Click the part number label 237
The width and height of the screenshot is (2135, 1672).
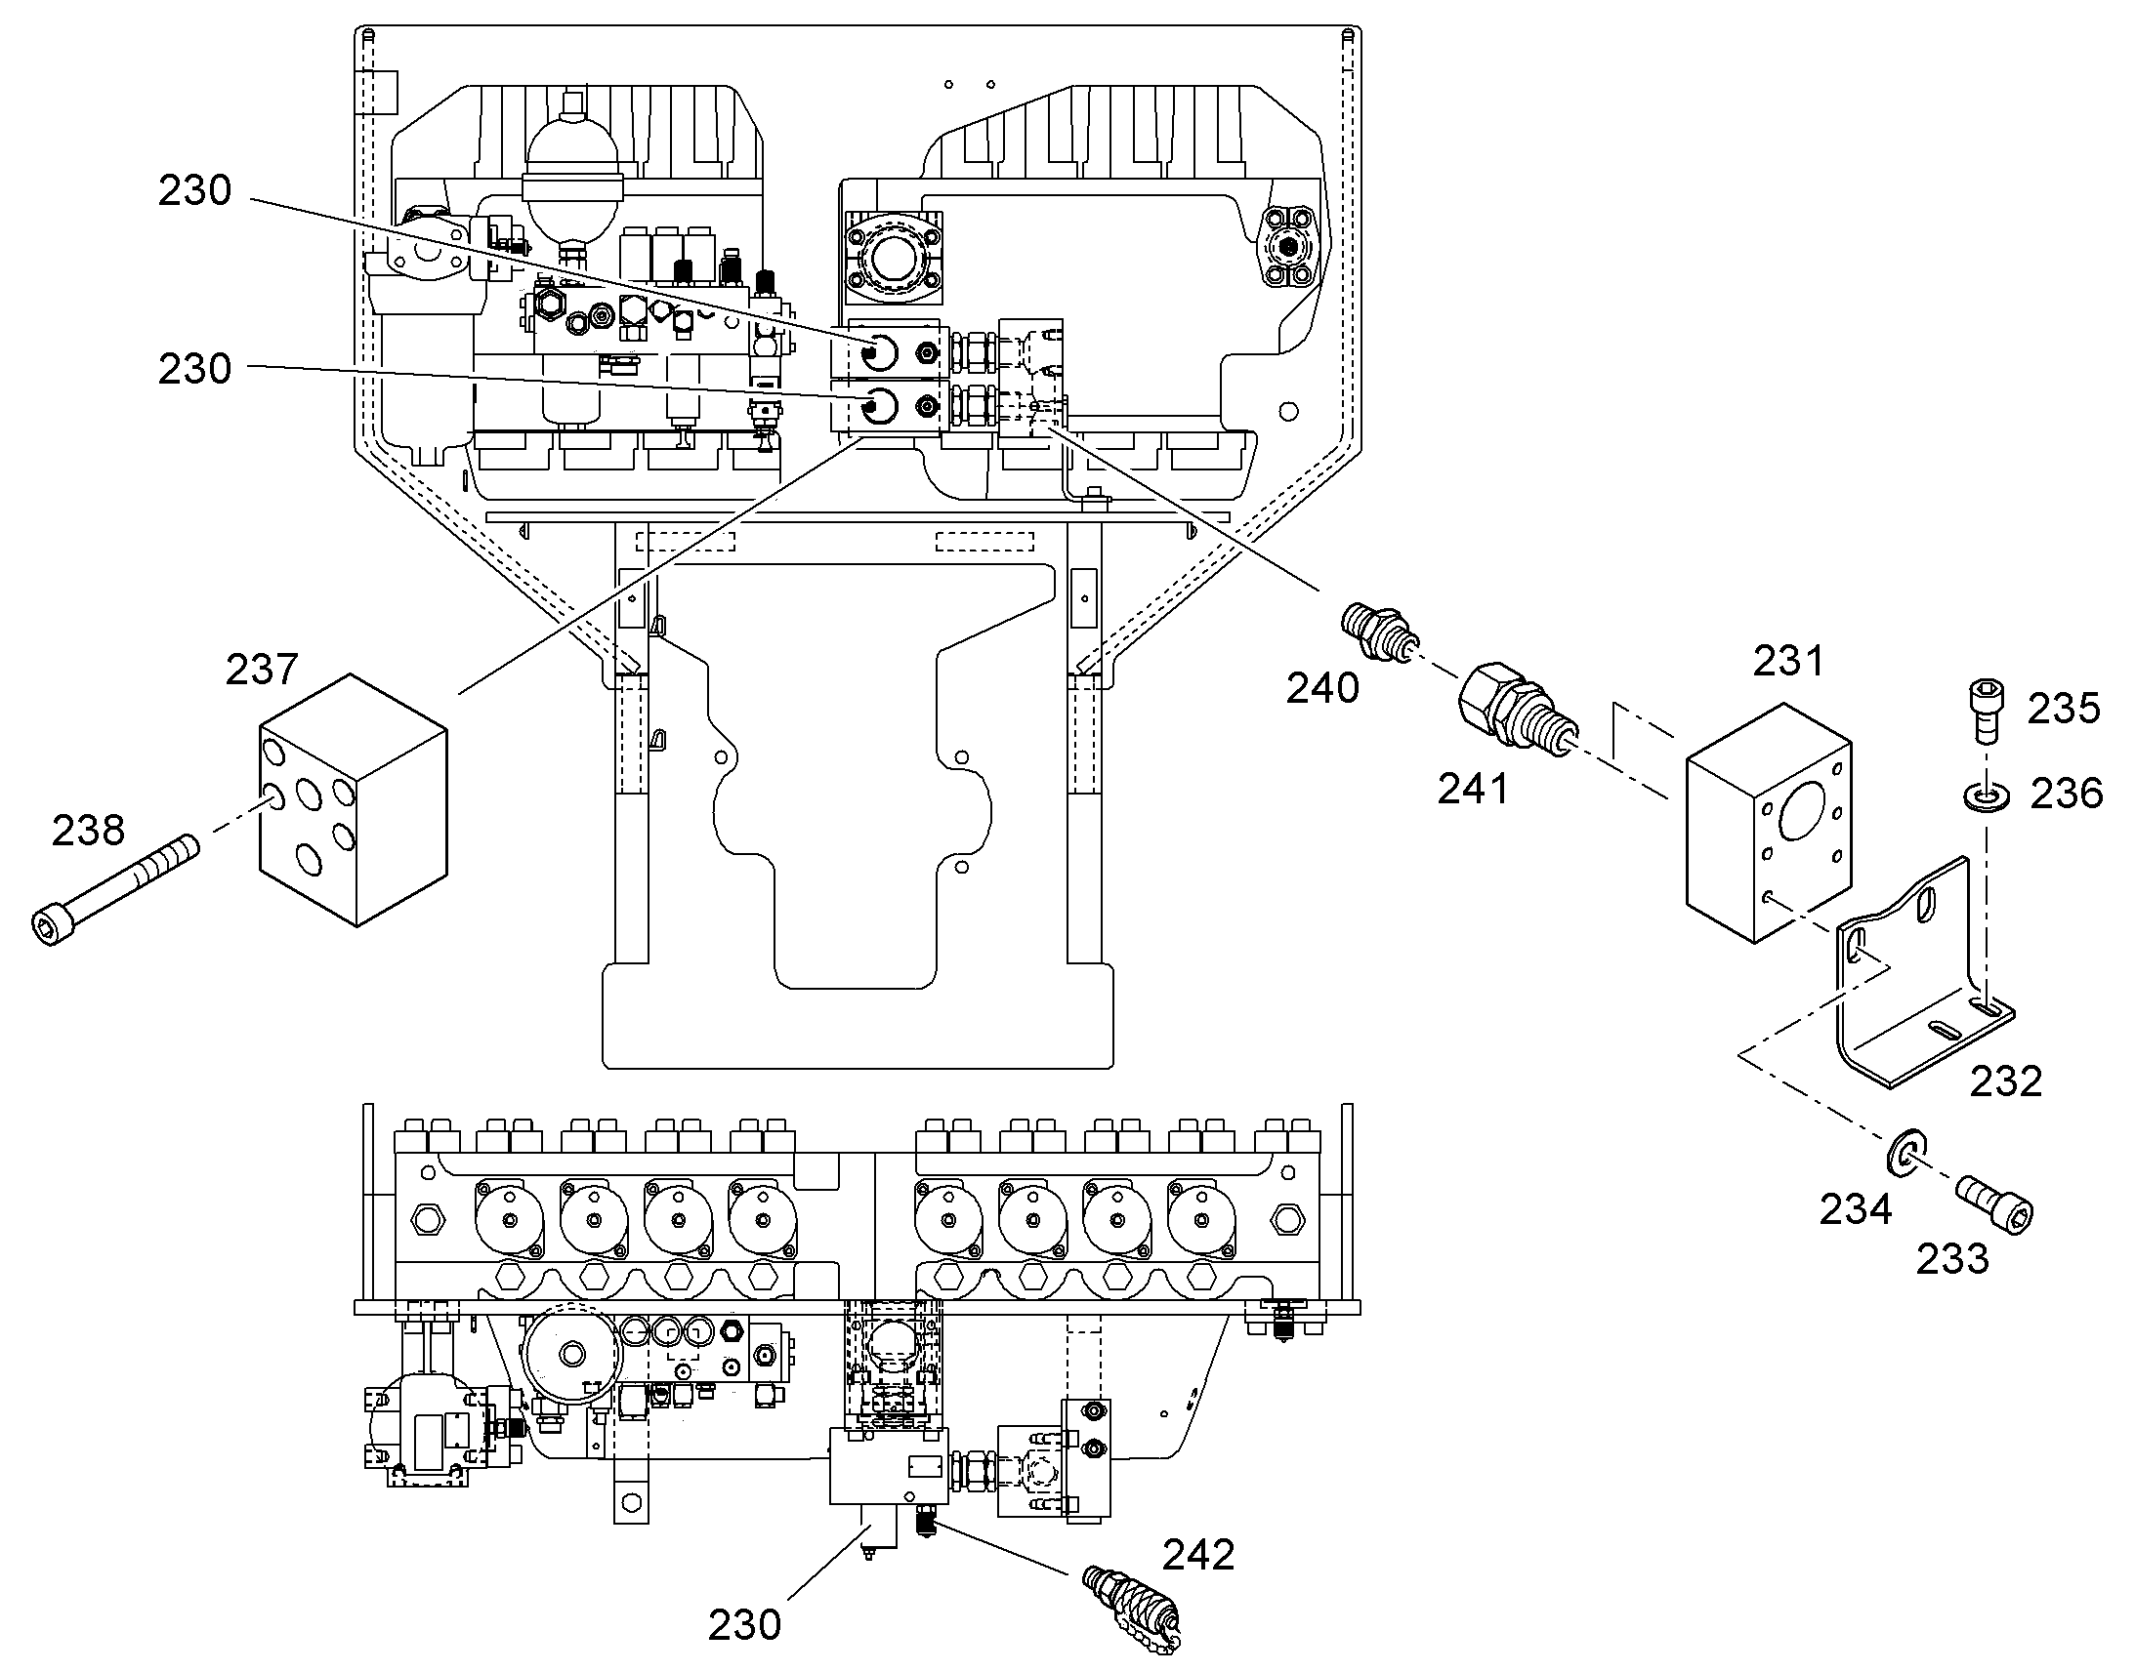[262, 670]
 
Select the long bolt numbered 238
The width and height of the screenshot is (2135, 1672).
[113, 888]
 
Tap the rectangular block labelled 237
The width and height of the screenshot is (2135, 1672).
[353, 798]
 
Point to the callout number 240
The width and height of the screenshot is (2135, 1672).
[1322, 689]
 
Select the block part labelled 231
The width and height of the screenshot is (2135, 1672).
[1769, 822]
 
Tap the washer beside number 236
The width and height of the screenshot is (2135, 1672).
[1987, 794]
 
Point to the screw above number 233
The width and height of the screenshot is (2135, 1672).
[1994, 1205]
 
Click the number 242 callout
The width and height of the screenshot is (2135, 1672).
[1197, 1555]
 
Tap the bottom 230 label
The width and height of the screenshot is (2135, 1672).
[744, 1626]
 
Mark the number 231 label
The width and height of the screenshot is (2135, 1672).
[1788, 662]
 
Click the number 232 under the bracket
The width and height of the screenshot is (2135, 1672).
[2006, 1081]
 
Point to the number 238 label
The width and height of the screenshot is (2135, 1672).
[88, 831]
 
